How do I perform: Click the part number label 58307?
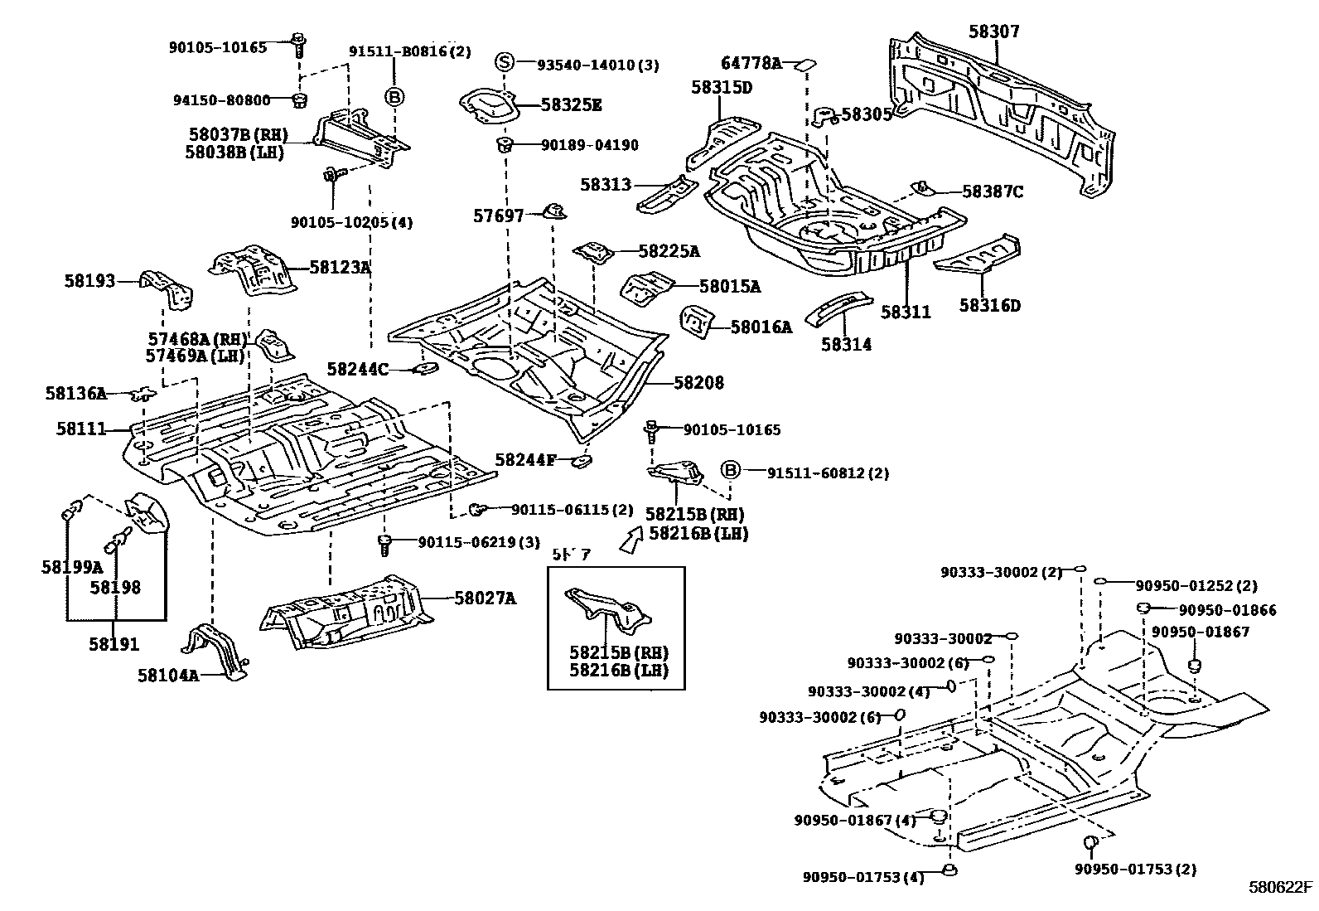tap(994, 32)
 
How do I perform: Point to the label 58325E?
tap(571, 104)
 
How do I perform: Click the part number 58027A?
tap(485, 598)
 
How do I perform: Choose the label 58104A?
tap(168, 675)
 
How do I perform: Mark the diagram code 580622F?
tap(1281, 886)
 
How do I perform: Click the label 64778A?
tap(751, 63)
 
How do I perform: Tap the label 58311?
tap(906, 313)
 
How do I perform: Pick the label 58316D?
tap(990, 305)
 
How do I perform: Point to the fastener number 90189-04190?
tap(589, 145)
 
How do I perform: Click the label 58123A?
tap(340, 267)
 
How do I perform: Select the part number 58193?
tap(89, 281)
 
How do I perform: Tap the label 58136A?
tap(75, 393)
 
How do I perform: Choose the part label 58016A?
tap(761, 327)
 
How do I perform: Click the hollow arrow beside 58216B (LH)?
tap(631, 540)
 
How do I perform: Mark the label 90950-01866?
tap(1227, 610)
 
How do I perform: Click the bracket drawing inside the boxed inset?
tap(609, 612)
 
